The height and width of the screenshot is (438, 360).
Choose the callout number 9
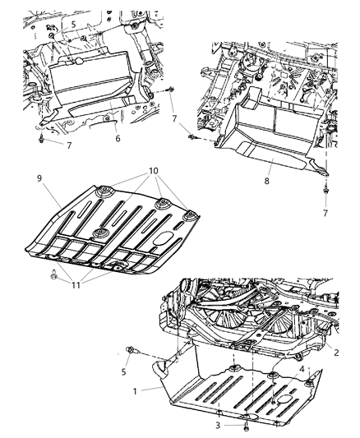(39, 177)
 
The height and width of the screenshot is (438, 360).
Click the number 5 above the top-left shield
(73, 25)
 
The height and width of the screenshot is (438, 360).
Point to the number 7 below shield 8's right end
(325, 214)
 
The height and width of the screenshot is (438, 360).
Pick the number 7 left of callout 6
(69, 145)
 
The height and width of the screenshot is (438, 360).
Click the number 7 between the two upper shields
(174, 120)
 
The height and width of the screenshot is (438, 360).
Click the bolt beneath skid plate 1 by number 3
(246, 425)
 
